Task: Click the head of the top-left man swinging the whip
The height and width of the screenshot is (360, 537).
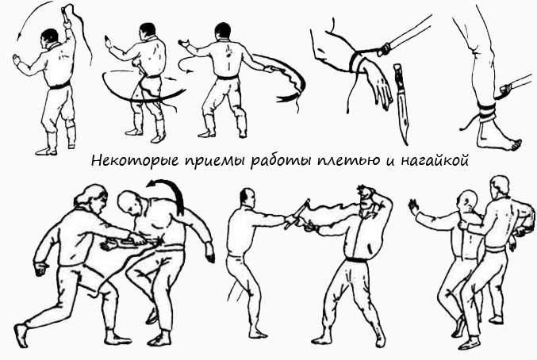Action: [x=51, y=36]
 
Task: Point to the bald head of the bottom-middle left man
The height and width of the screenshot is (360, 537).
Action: [x=248, y=197]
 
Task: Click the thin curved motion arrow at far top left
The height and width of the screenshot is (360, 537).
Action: [x=22, y=32]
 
